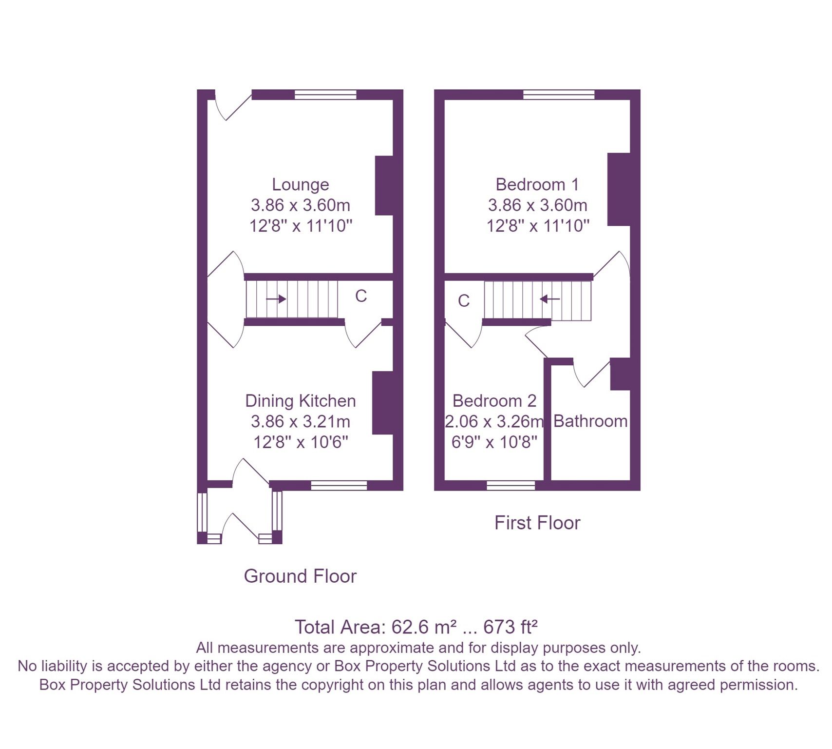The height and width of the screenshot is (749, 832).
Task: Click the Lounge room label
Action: click(x=300, y=184)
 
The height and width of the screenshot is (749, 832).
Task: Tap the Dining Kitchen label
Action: click(x=300, y=401)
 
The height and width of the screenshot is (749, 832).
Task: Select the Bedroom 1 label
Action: click(x=537, y=184)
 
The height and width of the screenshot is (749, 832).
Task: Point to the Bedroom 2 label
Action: click(x=494, y=401)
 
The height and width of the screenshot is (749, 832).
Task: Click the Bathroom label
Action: click(x=590, y=421)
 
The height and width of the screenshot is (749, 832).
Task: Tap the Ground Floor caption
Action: click(x=300, y=576)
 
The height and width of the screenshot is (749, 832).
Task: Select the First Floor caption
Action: click(x=537, y=523)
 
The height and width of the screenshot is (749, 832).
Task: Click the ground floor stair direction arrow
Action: click(x=276, y=298)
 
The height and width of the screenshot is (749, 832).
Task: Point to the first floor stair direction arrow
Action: click(x=550, y=298)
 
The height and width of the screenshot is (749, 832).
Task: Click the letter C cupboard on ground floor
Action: click(x=360, y=296)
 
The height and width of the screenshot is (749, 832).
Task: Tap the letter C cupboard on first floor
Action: click(x=464, y=301)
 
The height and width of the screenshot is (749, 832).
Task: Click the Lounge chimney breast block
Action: click(x=384, y=185)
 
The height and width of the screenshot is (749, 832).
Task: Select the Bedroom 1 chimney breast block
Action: click(x=619, y=189)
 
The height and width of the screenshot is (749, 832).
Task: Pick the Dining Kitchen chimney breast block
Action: click(x=382, y=403)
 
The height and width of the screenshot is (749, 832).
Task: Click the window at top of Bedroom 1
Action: click(x=559, y=95)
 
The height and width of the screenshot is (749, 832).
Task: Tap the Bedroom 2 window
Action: click(x=511, y=485)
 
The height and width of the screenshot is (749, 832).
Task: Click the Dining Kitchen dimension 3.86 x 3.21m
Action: click(x=300, y=421)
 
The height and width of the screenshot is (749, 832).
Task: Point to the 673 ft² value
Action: click(x=510, y=627)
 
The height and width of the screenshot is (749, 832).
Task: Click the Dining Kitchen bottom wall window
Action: click(x=339, y=485)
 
